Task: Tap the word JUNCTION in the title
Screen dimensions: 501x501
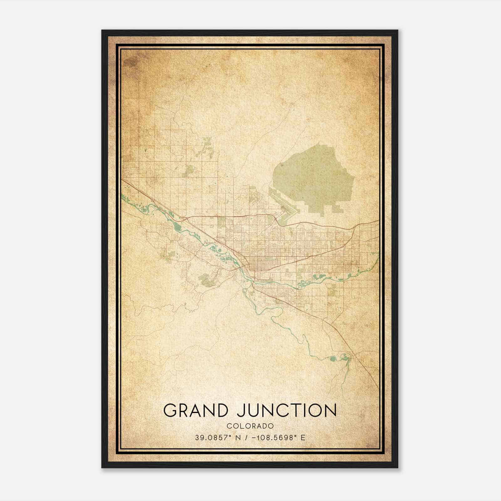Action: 287,411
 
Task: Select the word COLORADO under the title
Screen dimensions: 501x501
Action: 250,426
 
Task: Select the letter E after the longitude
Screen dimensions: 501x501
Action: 303,438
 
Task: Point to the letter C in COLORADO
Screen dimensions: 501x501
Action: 229,426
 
